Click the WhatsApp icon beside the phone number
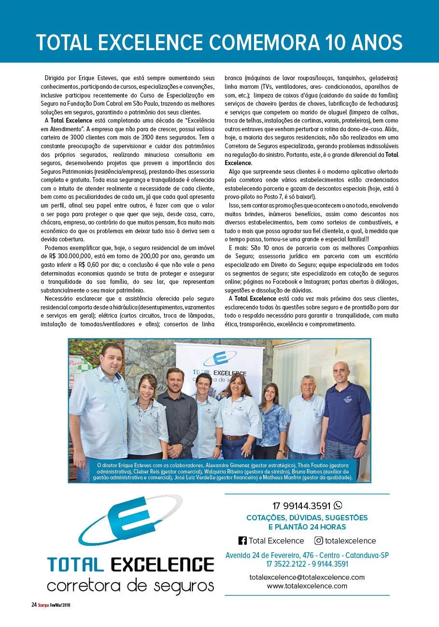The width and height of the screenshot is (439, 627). point(338,505)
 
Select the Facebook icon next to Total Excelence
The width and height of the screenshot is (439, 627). point(242,541)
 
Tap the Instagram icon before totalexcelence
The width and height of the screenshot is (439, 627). point(319,541)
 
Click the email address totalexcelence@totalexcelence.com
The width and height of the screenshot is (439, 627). point(307,577)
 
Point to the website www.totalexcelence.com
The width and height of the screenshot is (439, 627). point(307,585)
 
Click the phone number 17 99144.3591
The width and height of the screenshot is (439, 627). point(301,506)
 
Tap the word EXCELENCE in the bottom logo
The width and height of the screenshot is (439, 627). point(162,564)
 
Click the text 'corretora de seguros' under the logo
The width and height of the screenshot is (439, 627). point(130,585)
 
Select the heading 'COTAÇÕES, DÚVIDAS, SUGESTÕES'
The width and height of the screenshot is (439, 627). point(307,518)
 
